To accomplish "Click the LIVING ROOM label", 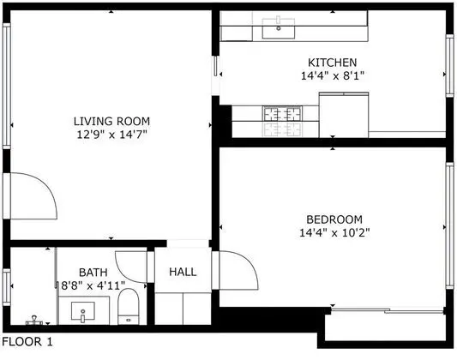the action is (x=111, y=121).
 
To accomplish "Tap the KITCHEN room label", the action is (x=333, y=63).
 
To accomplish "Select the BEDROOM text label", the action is (x=334, y=219).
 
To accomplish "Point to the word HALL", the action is (x=183, y=272).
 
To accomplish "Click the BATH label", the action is (x=93, y=273).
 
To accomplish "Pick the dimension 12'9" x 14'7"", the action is (x=111, y=135).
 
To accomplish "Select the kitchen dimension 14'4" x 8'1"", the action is (x=333, y=76).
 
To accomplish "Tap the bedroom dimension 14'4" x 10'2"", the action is (x=334, y=233).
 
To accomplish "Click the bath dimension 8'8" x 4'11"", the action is (x=93, y=285).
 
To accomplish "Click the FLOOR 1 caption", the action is (x=27, y=342).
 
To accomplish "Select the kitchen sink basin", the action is (x=279, y=28).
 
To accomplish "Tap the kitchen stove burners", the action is (x=282, y=114).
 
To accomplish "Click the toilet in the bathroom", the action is (x=129, y=306).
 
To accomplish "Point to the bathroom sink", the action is (x=83, y=311).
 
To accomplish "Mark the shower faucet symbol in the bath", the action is (x=34, y=321).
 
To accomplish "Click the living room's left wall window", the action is (x=6, y=87).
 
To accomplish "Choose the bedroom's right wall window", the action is (x=450, y=225).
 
